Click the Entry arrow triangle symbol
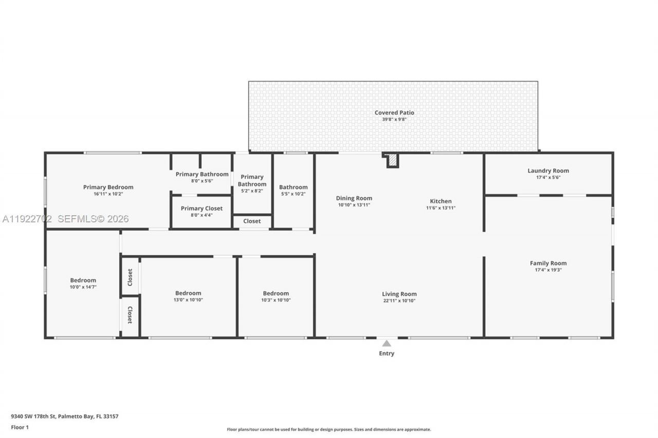pos(387,343)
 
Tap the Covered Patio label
pos(394,112)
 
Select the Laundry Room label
pos(548,170)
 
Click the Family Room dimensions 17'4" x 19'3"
pos(548,270)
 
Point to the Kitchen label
pos(441,201)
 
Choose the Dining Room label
pos(354,198)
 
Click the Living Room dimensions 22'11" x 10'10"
pos(399,301)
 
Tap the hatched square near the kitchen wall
pos(392,161)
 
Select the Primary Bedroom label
pos(108,187)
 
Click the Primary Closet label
pos(202,208)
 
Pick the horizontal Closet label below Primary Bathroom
pos(252,221)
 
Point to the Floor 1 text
pos(20,427)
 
